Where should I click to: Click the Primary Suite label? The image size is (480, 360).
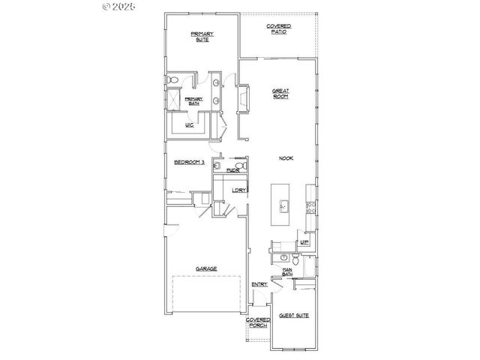(x=202, y=36)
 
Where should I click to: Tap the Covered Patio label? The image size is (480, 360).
(x=279, y=29)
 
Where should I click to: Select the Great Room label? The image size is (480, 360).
(x=280, y=94)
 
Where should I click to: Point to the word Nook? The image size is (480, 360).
(x=285, y=158)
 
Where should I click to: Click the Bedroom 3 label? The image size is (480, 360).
(x=189, y=162)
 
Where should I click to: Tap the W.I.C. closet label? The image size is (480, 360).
(x=190, y=125)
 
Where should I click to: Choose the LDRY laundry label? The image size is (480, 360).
(x=238, y=190)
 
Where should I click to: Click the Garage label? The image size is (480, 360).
(x=206, y=268)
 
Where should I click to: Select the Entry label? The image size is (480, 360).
(x=259, y=284)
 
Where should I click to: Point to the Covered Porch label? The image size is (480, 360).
(x=258, y=322)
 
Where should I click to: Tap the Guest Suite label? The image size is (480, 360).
(x=292, y=316)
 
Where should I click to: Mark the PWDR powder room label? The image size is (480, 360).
(x=232, y=170)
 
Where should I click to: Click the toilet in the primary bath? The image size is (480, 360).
(x=172, y=79)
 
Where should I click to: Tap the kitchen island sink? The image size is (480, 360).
(x=284, y=205)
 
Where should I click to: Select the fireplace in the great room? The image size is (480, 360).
(x=243, y=98)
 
